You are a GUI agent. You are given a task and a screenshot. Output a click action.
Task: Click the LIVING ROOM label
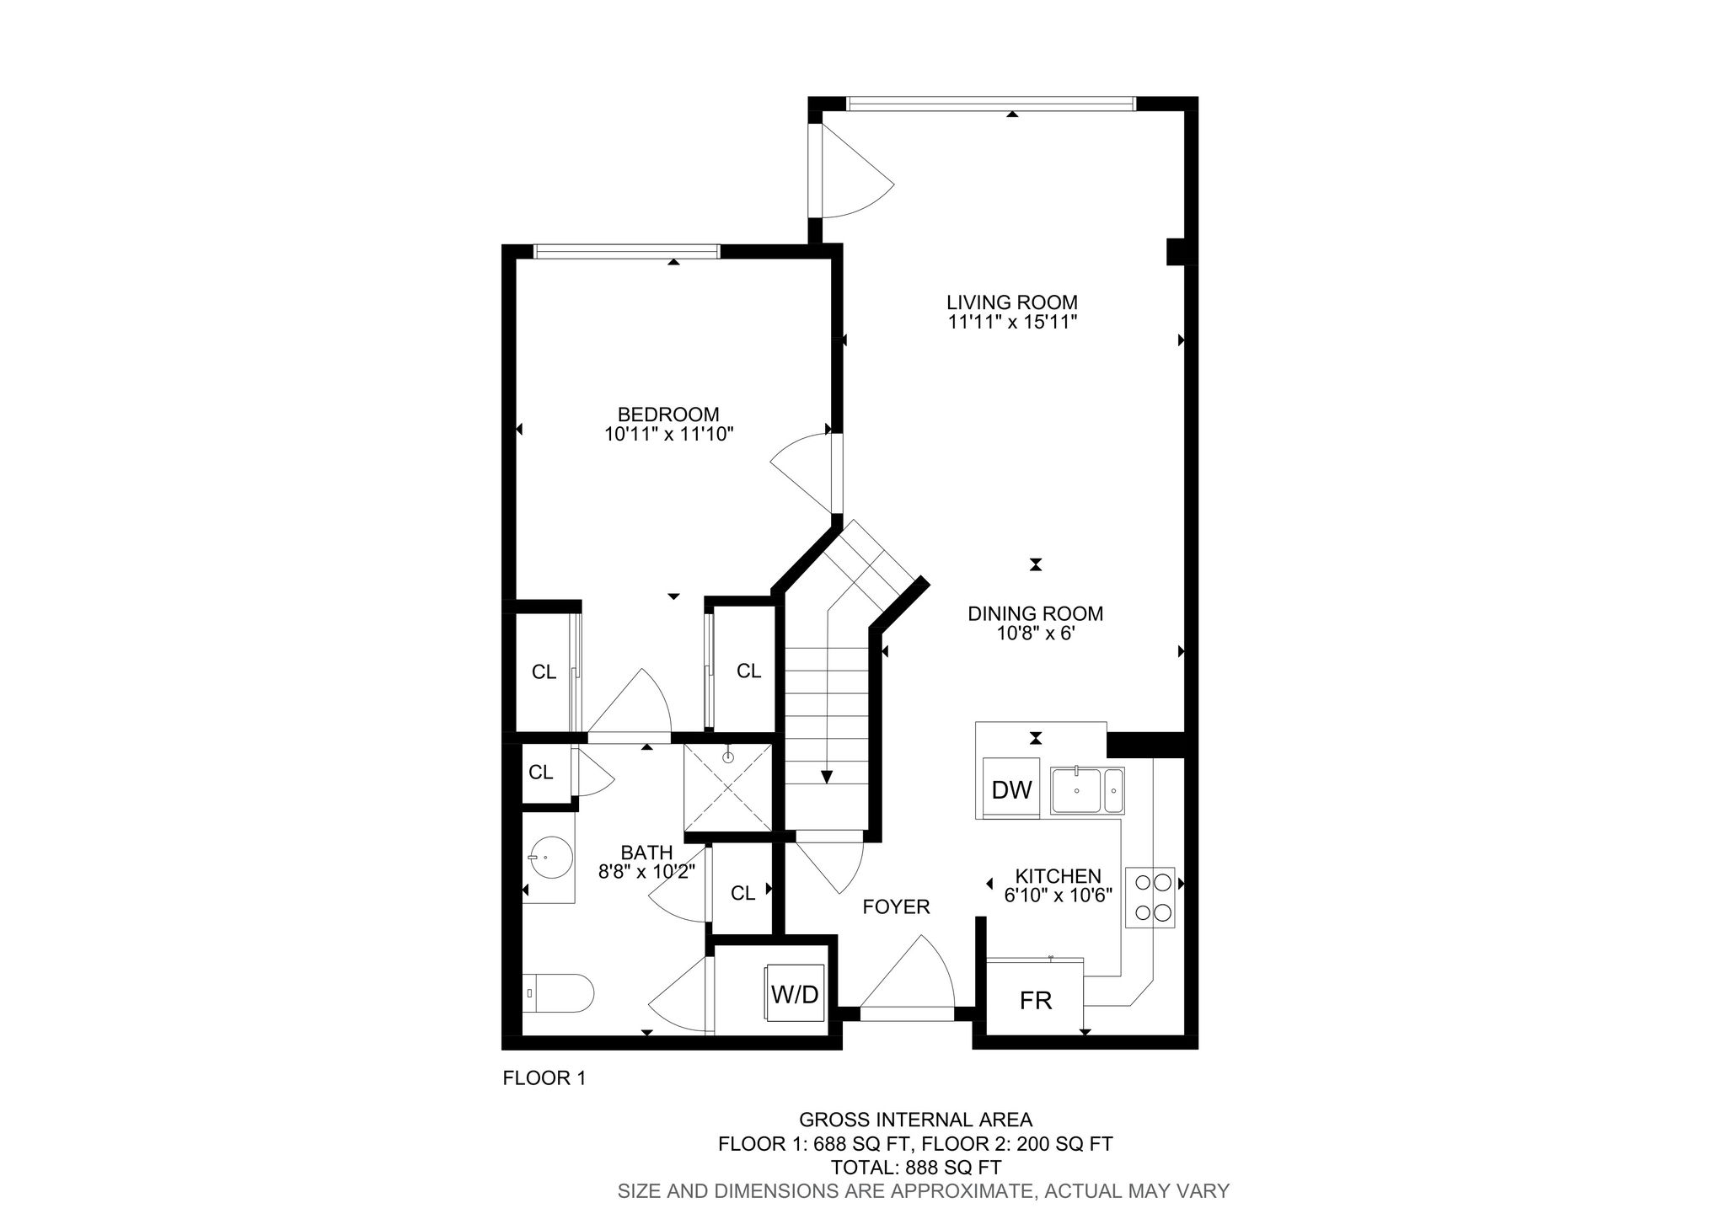coord(1011,302)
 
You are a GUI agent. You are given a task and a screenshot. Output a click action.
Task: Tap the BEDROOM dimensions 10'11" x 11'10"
coord(669,435)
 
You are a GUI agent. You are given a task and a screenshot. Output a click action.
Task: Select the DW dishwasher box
coord(1012,789)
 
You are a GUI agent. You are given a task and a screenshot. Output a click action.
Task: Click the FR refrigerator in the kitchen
coord(1036,999)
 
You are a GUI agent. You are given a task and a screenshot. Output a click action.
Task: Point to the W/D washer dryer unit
coord(795,994)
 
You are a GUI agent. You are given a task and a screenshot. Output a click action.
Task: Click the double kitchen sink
coord(1087,791)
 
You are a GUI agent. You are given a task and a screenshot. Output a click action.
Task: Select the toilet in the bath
coord(558,994)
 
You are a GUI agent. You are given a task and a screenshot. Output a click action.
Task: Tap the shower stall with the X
coord(728,788)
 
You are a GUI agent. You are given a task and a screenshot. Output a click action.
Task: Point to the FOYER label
coord(896,906)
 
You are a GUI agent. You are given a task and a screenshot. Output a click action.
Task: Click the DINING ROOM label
coord(1035,614)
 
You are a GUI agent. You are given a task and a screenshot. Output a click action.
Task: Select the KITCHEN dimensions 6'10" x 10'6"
coord(1059,895)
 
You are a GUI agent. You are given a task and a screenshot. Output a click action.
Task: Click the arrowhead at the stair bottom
coord(828,778)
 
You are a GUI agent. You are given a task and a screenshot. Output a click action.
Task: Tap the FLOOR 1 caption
coord(544,1078)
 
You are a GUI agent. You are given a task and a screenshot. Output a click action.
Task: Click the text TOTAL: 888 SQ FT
coord(916,1168)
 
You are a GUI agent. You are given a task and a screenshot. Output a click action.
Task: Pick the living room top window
coord(991,104)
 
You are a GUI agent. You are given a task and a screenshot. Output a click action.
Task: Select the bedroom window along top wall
coord(627,250)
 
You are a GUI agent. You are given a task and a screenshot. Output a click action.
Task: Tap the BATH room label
coord(647,853)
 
